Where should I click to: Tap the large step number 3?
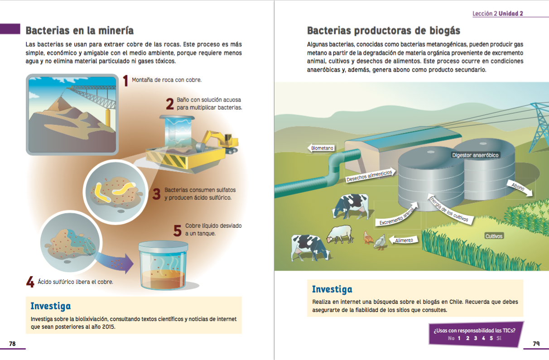[x=156, y=194]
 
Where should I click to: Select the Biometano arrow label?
[x=321, y=148]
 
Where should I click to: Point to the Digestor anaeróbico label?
[x=475, y=155]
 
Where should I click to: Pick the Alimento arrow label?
[x=403, y=240]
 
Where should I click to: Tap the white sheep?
[x=340, y=234]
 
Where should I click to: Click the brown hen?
[x=368, y=237]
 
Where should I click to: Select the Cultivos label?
[x=494, y=236]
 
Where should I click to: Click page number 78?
[x=12, y=344]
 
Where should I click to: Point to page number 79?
[x=536, y=344]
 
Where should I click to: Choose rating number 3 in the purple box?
[x=476, y=338]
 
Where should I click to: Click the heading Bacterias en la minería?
[x=80, y=31]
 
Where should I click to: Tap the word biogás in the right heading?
[x=445, y=31]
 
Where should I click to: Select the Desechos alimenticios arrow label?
[x=370, y=175]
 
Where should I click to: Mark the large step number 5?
[x=177, y=230]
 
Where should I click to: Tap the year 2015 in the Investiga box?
[x=108, y=326]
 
